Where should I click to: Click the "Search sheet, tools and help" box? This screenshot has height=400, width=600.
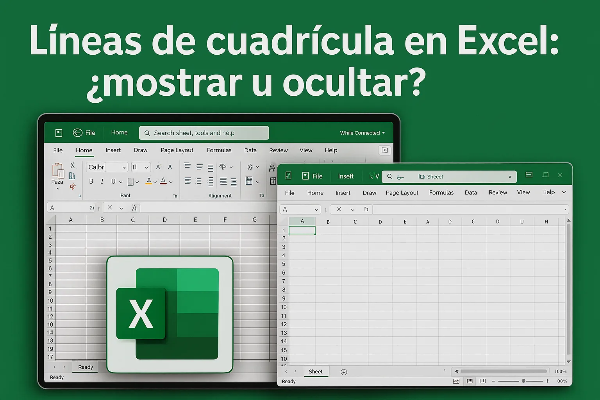click(x=204, y=133)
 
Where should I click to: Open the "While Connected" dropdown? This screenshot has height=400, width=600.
click(x=362, y=133)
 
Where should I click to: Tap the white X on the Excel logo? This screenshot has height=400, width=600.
click(x=141, y=314)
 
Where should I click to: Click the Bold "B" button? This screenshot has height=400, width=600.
click(x=91, y=181)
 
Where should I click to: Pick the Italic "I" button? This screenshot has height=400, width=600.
click(x=102, y=181)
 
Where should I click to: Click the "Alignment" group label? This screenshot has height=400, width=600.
click(x=220, y=196)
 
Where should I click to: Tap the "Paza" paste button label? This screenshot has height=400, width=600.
click(x=57, y=182)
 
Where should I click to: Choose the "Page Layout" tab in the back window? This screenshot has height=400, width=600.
click(x=177, y=150)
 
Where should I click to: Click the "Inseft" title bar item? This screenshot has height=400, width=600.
click(x=346, y=176)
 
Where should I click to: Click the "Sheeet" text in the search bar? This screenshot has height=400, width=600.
click(x=435, y=177)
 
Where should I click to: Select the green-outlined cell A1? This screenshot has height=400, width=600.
click(x=302, y=230)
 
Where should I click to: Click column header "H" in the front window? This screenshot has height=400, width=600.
click(x=546, y=221)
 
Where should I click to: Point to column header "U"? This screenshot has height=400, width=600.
click(x=522, y=221)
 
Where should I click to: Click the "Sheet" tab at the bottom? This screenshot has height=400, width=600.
click(x=316, y=371)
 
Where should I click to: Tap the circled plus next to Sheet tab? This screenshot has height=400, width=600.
click(x=344, y=372)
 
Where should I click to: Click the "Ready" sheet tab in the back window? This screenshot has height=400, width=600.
click(x=86, y=367)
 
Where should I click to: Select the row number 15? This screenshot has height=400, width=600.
click(x=284, y=350)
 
